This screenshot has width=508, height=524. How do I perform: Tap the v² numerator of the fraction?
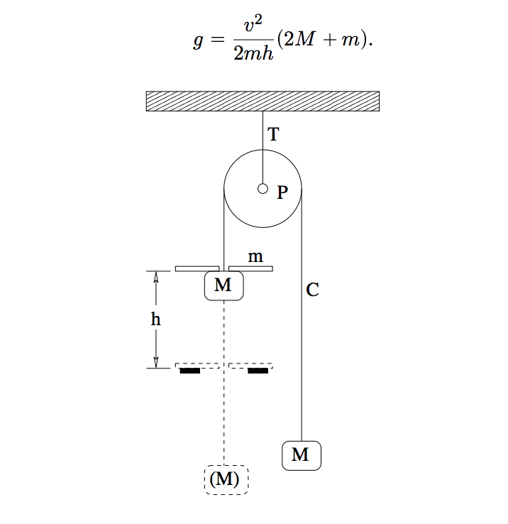pos(253,28)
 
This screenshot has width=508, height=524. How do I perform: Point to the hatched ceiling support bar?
pos(263,102)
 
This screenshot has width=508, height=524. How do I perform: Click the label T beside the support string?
pos(272,134)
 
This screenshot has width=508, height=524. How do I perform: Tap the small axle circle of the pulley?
pos(263,189)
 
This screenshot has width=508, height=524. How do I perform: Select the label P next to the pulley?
pos(282,192)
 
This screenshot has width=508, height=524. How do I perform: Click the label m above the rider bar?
pos(255,255)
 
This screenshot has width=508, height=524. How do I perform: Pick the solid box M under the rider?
pos(223,285)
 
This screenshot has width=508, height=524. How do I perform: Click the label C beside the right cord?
pos(312,290)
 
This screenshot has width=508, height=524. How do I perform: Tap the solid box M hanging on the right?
pos(301,455)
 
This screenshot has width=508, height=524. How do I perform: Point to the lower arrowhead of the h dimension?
pos(156,362)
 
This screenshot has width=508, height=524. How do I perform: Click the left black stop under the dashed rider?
pos(189,370)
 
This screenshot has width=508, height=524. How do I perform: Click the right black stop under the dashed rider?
pos(258,370)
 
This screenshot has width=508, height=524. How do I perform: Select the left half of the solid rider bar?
pos(197,268)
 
